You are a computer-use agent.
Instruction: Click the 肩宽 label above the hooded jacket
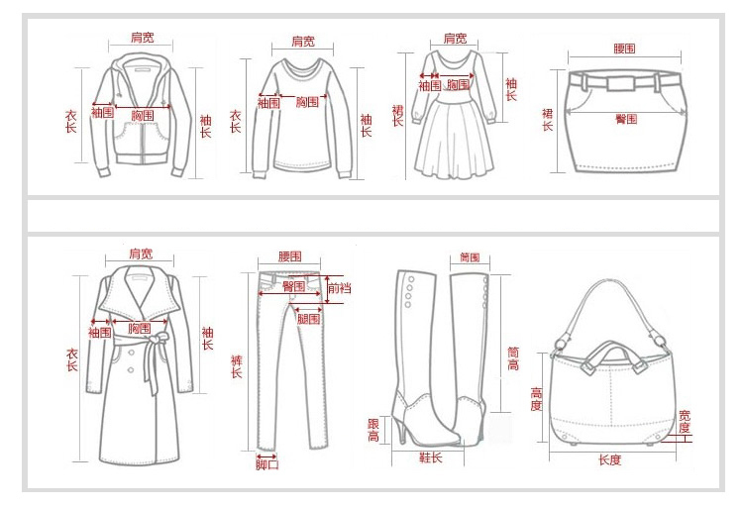coord(143,38)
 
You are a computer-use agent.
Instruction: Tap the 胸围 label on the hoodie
coord(143,115)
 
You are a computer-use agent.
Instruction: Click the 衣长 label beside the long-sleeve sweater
coord(236,120)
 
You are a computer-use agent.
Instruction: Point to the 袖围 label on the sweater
coord(267,102)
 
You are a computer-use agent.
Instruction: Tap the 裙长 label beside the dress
coord(397,115)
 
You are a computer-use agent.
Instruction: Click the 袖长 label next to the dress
coord(511,89)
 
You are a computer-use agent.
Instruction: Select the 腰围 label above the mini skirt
coord(624,48)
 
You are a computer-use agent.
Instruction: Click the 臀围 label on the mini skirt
coord(626,119)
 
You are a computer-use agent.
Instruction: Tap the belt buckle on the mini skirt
coord(624,79)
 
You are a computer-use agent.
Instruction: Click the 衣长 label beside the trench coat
coord(72,359)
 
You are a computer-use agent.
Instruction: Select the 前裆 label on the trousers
coord(339,287)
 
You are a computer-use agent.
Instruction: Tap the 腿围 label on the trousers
coord(309,319)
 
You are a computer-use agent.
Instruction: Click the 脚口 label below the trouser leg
coord(267,464)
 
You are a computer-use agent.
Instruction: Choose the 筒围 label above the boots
coord(470,257)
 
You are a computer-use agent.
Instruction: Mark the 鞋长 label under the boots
coord(429,457)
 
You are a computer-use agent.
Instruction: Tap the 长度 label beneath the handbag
coord(609,459)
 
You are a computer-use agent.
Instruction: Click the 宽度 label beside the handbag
coord(684,421)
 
